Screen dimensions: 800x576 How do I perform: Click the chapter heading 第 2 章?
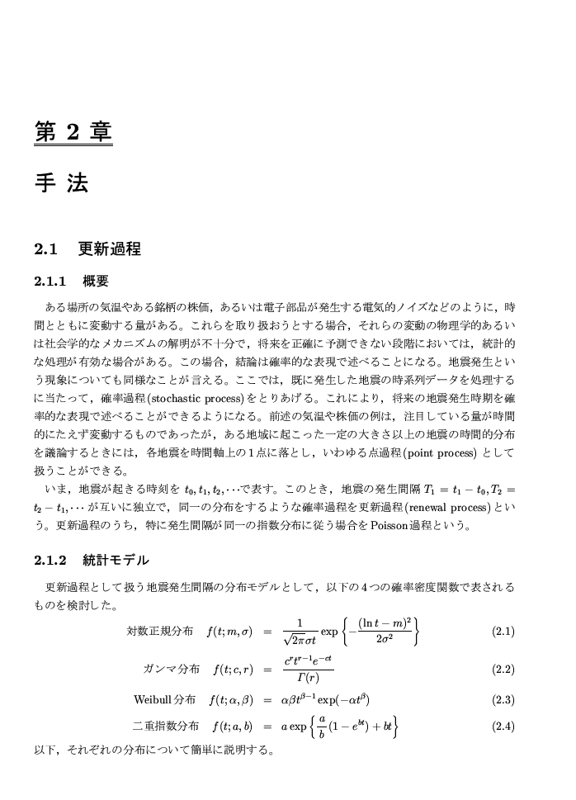[x=73, y=131]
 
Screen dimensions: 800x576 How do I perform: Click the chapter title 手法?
[x=61, y=182]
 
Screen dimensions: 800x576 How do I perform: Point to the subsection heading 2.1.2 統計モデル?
[x=92, y=561]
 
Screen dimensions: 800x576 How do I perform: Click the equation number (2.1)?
[x=503, y=632]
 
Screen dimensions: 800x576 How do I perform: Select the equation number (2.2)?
[x=503, y=670]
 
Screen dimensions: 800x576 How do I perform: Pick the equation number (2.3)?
[x=503, y=700]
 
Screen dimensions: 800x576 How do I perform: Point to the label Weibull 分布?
[x=164, y=700]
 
